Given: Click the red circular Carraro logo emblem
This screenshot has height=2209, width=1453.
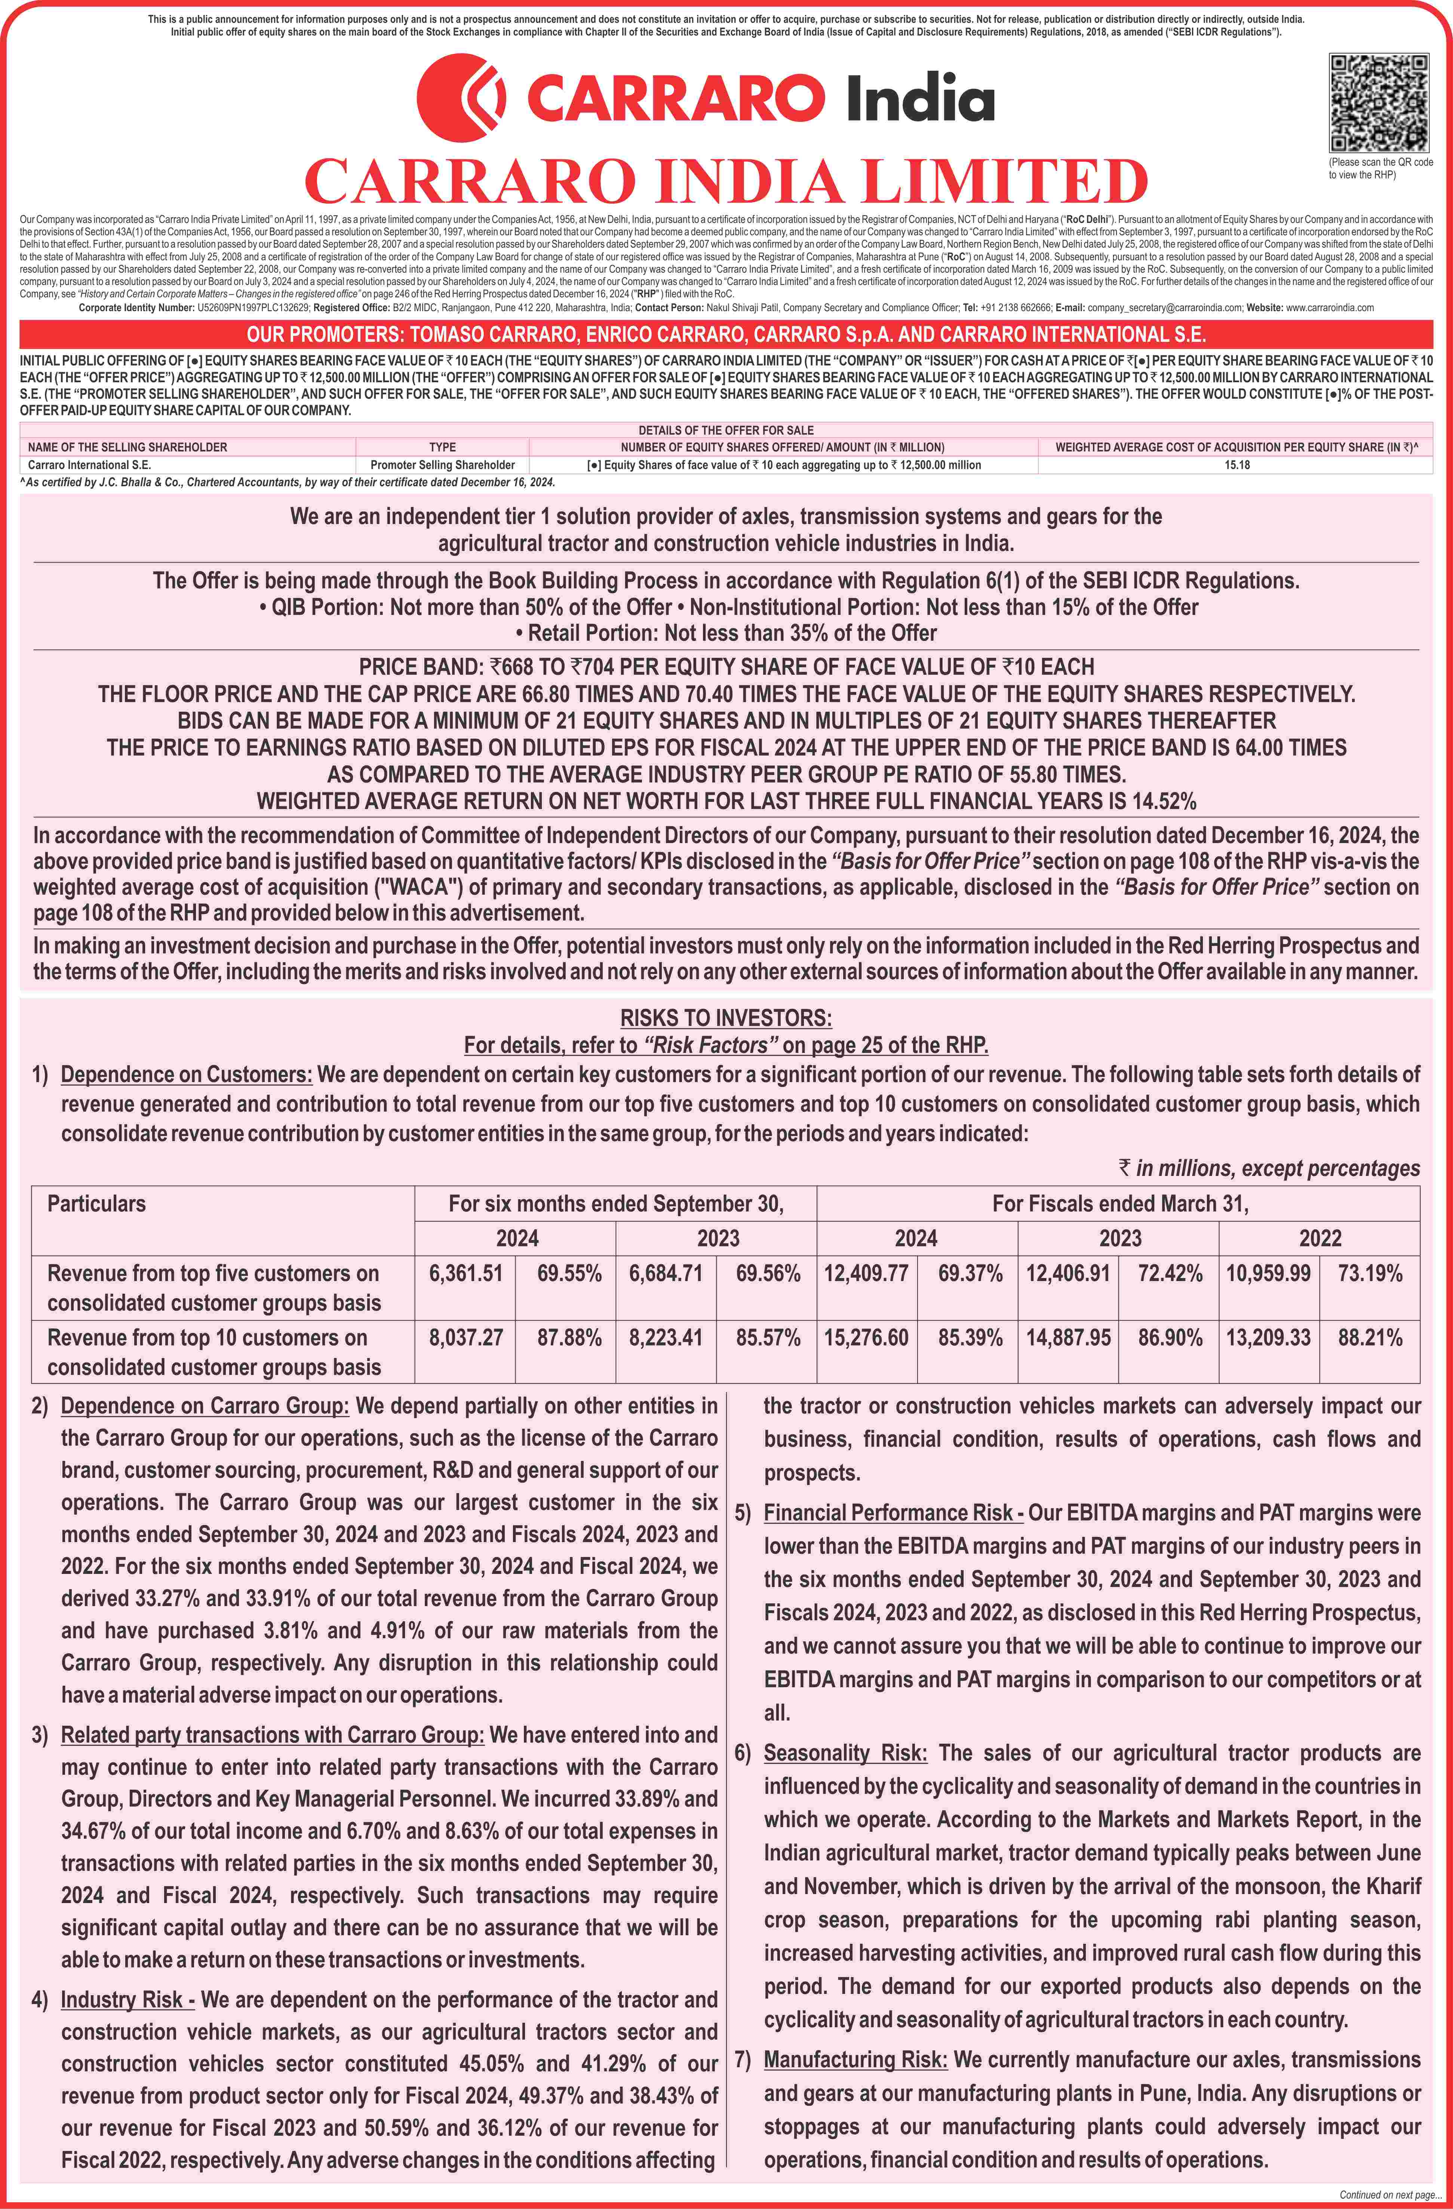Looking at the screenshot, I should (461, 98).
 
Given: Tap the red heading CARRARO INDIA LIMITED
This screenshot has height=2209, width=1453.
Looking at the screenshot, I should (726, 181).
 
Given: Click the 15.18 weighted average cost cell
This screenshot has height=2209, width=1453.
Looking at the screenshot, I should (1236, 465).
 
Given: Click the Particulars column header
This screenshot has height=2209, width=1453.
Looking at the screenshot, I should (96, 1204).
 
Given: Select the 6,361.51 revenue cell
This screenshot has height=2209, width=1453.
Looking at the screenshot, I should (466, 1274).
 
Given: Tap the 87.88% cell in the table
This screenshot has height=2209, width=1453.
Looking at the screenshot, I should (569, 1338).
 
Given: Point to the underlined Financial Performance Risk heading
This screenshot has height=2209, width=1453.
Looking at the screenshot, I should (893, 1513).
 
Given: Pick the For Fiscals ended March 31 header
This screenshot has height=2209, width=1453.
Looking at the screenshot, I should (1120, 1204).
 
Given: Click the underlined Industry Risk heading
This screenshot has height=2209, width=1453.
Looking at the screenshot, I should (127, 1999).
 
